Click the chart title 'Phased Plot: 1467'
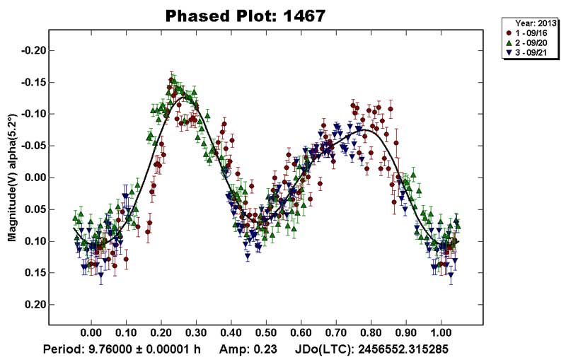pyautogui.click(x=245, y=16)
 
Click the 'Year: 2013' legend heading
pyautogui.click(x=531, y=23)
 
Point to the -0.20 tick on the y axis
pyautogui.click(x=31, y=50)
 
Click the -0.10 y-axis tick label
pyautogui.click(x=31, y=114)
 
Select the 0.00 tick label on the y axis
pyautogui.click(x=33, y=178)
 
